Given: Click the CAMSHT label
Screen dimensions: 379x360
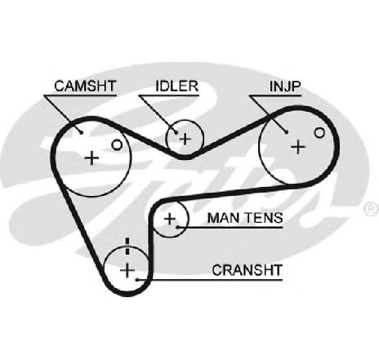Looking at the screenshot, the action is (85, 86).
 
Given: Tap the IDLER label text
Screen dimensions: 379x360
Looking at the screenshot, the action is (176, 86).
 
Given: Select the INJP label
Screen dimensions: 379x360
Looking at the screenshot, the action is (285, 86).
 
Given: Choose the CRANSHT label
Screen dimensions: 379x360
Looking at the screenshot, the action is (247, 270).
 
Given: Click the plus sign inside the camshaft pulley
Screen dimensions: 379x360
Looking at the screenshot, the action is (91, 158).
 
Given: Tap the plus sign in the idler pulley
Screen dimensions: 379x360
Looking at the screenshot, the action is (185, 139).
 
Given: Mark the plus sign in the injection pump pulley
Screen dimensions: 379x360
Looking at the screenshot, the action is (298, 147).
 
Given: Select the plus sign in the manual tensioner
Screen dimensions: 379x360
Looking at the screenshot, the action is (170, 219).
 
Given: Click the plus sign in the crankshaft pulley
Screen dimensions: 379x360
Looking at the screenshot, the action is (127, 270).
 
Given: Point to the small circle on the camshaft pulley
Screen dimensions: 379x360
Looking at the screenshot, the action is (117, 145).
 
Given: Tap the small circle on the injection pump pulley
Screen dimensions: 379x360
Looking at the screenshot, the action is (319, 132).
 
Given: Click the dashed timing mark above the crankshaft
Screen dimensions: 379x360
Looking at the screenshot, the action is (127, 247).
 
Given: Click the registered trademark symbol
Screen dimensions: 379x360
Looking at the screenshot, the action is (372, 209).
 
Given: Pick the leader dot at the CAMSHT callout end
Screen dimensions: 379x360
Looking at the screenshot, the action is (81, 132).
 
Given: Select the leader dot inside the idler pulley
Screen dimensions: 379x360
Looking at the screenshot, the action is (176, 132).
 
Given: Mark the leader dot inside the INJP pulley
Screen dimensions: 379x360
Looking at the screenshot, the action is (287, 132).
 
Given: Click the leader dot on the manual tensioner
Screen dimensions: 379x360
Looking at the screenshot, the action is (177, 227).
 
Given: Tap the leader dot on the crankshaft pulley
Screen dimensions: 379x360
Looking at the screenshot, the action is (137, 279).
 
